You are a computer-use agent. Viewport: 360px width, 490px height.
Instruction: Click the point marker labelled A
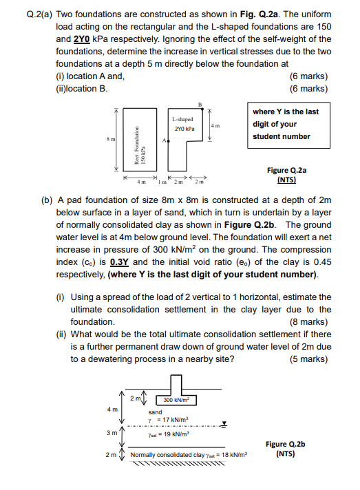[x=168, y=139]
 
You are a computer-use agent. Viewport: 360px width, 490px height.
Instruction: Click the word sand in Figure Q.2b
[x=156, y=412]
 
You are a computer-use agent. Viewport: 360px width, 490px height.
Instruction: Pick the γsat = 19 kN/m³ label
[x=169, y=434]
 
